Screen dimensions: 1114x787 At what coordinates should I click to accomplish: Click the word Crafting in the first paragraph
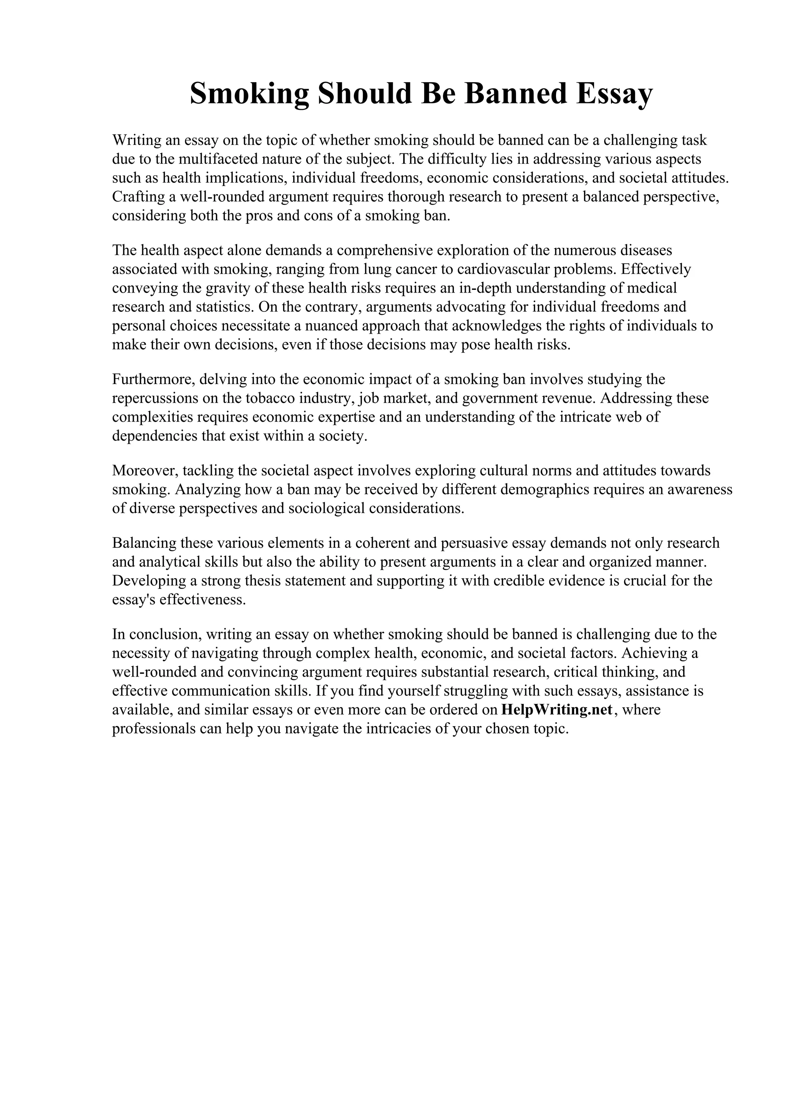pos(139,197)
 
